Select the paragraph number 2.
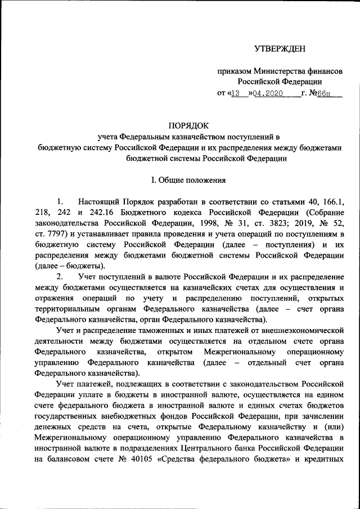[60, 277]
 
